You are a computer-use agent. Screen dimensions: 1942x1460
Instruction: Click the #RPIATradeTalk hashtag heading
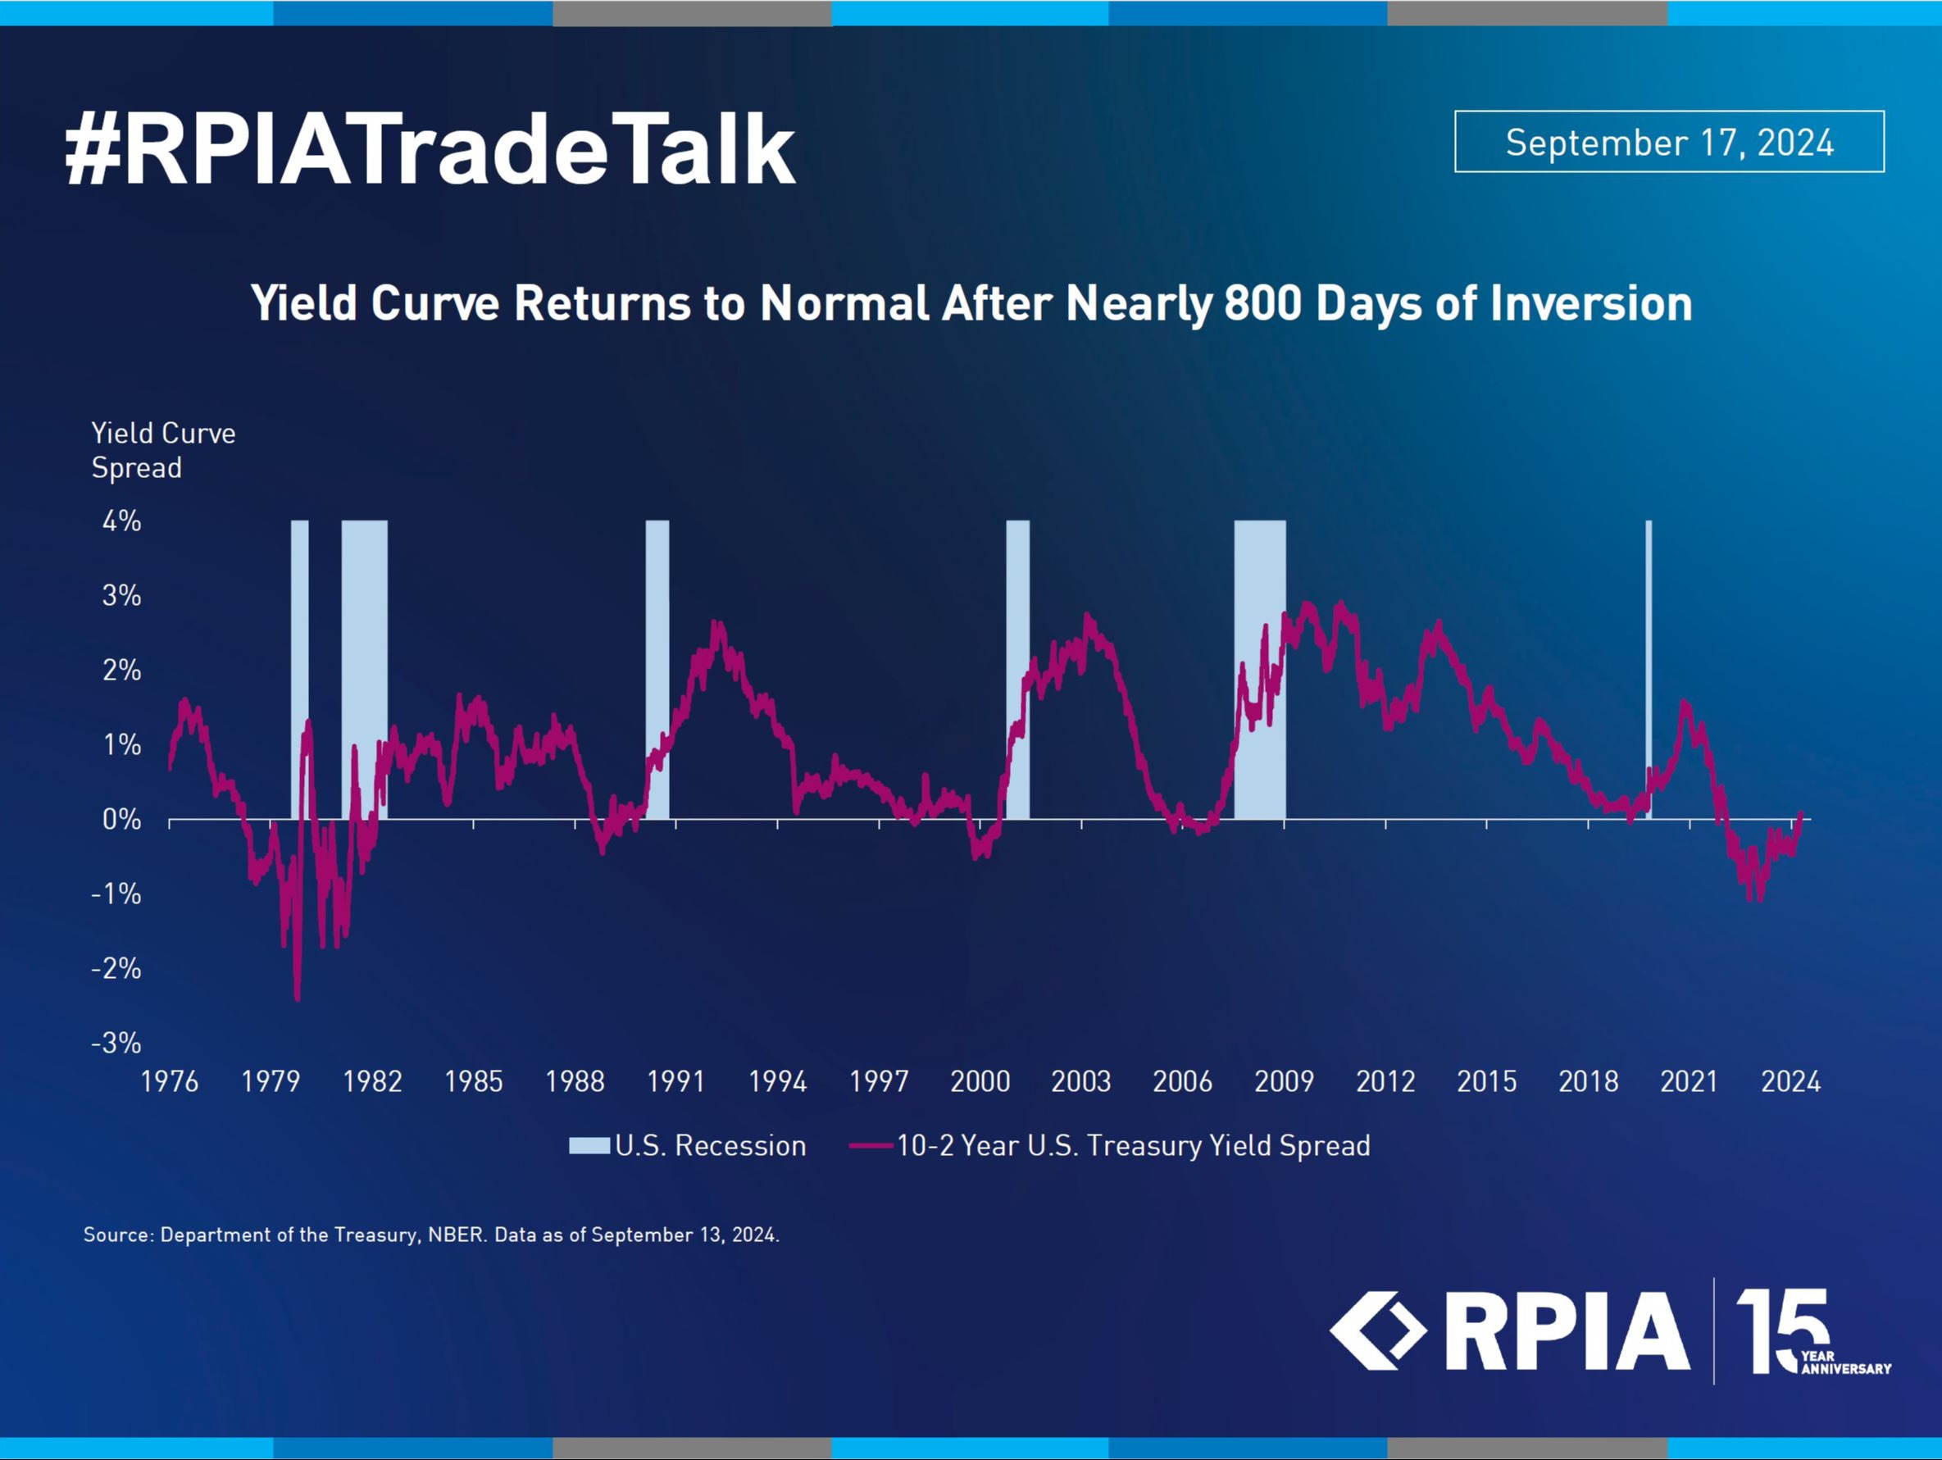(x=430, y=149)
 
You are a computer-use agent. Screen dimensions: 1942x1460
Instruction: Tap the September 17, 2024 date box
(x=1669, y=141)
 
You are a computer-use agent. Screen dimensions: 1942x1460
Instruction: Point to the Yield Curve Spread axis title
(x=163, y=450)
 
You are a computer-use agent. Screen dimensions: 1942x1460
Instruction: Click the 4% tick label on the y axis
(x=122, y=521)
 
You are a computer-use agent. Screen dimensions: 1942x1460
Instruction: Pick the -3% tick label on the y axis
(x=116, y=1043)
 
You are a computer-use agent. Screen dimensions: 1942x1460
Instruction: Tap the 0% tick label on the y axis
(x=122, y=819)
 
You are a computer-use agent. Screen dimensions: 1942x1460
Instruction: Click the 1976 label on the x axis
(x=170, y=1080)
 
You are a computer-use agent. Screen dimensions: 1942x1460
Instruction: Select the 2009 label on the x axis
(x=1284, y=1080)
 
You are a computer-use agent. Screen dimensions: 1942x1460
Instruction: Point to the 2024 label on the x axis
(x=1791, y=1080)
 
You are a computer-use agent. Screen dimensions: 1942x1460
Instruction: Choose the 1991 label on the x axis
(x=676, y=1080)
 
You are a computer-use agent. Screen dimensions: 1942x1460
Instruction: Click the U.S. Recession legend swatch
(x=589, y=1146)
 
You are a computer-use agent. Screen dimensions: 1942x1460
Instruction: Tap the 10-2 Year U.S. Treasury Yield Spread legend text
(x=1134, y=1146)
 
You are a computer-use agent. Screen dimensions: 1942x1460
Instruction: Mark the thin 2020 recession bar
(x=1649, y=669)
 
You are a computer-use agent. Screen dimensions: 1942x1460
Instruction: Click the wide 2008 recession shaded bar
(x=1260, y=669)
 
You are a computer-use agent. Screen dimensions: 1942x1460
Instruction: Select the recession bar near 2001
(x=1017, y=669)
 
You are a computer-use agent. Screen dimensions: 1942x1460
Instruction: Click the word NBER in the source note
(x=456, y=1235)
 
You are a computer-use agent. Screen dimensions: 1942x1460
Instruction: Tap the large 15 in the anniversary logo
(x=1782, y=1330)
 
